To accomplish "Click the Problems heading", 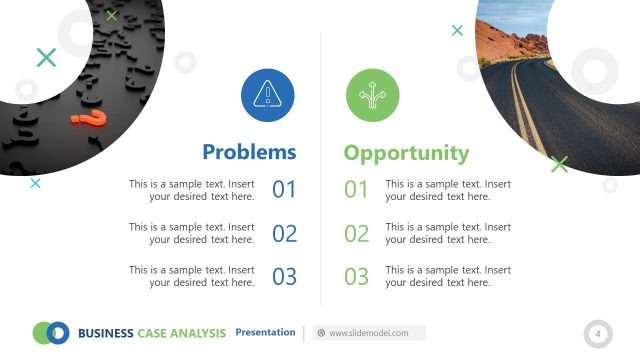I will (x=249, y=152).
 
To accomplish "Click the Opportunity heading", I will (x=406, y=153).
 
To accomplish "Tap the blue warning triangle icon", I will (x=267, y=95).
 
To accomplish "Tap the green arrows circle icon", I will (x=372, y=95).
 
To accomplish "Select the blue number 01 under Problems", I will (x=285, y=190).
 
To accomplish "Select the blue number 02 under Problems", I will (x=285, y=234).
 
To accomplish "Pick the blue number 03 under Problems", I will (x=285, y=277).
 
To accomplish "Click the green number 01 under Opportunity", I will (x=357, y=190).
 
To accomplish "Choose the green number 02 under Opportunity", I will (x=357, y=234).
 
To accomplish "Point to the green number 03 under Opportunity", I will (x=357, y=277).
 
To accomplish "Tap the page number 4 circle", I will (x=598, y=333).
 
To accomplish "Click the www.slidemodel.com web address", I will (x=368, y=333).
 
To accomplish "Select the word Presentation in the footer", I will (x=265, y=332).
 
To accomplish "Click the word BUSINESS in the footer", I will (x=105, y=333).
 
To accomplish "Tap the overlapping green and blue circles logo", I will (x=50, y=332).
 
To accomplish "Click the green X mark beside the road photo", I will (x=559, y=164).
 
